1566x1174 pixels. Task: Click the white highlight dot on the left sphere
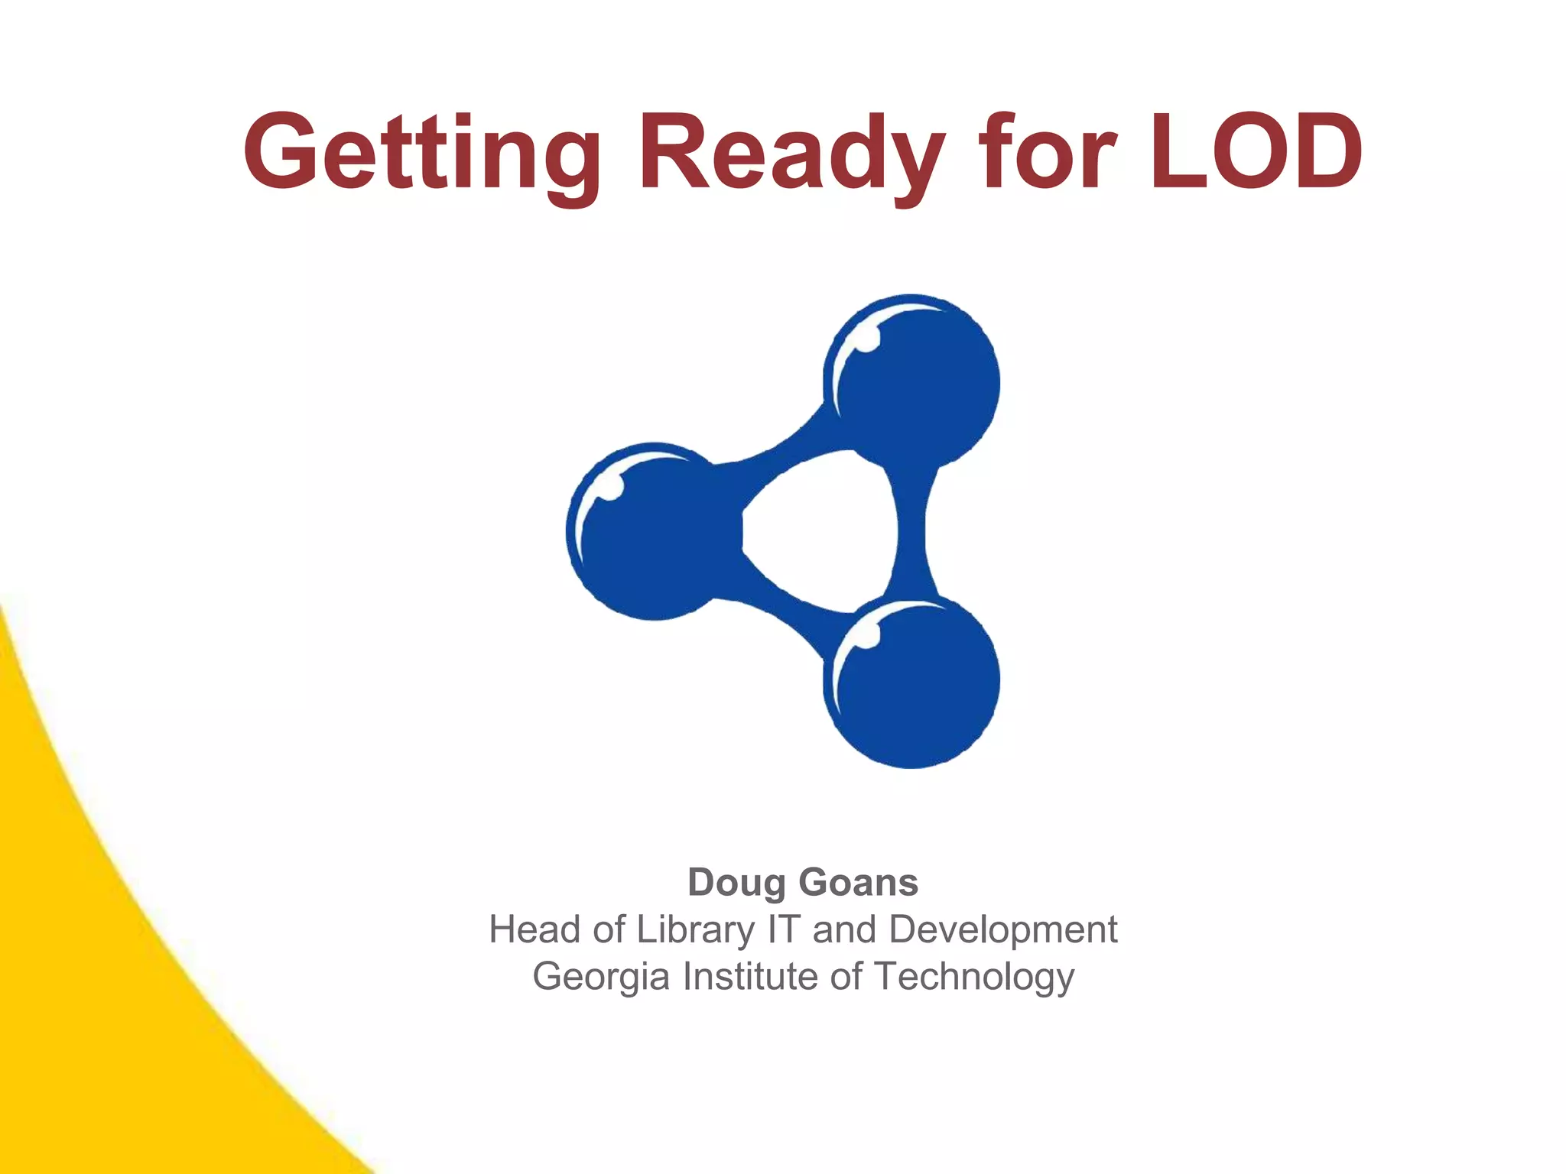610,487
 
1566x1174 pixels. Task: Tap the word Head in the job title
534,929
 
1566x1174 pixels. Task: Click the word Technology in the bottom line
974,978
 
